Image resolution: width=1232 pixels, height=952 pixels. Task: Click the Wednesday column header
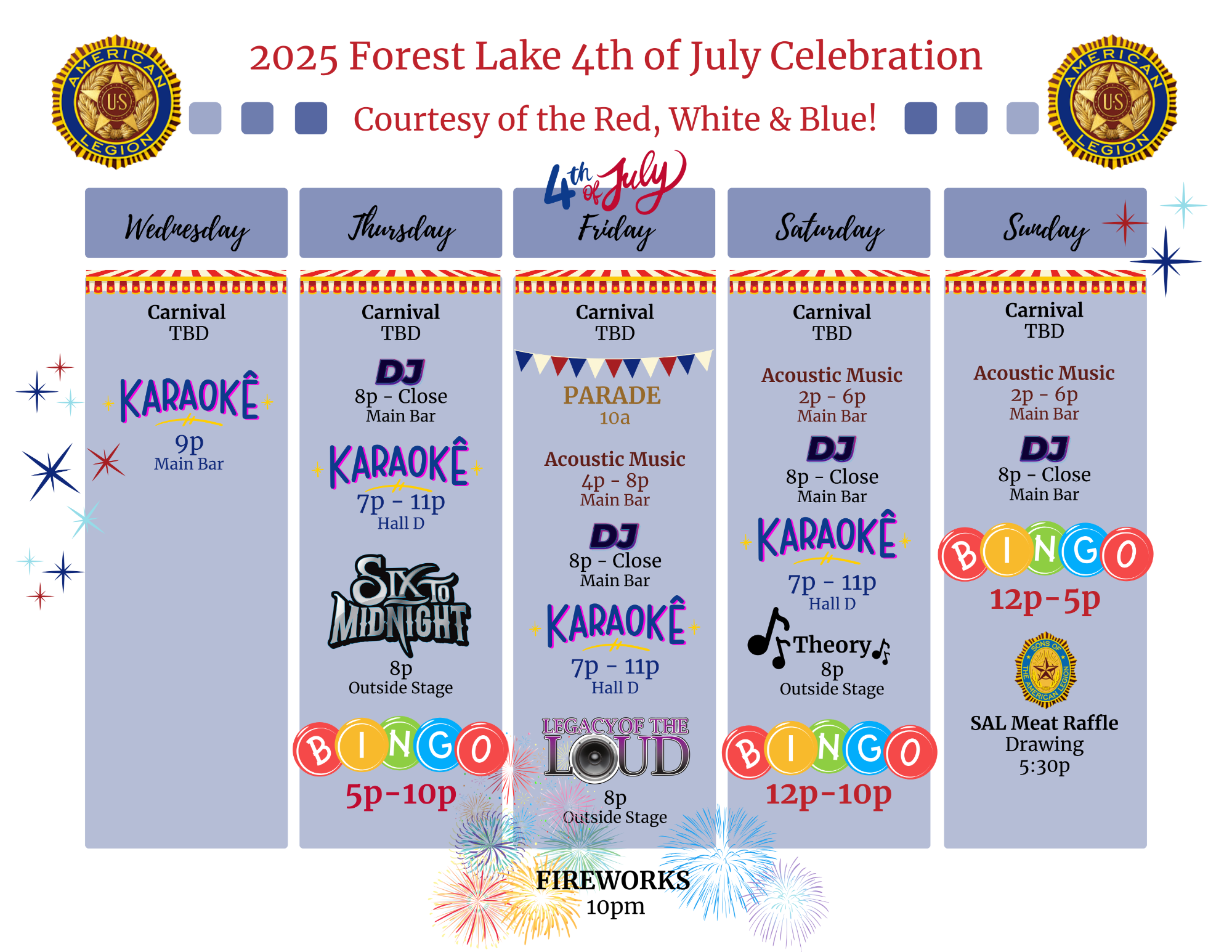click(186, 223)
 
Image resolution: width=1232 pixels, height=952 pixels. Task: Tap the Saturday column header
click(829, 223)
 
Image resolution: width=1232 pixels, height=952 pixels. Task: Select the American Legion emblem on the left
click(116, 102)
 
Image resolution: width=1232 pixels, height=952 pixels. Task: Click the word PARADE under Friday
click(612, 396)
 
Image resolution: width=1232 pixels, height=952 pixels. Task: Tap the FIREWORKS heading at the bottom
click(613, 880)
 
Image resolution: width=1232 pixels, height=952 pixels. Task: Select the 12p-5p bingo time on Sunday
click(1045, 599)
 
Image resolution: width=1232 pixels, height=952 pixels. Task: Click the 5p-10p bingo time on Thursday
click(401, 794)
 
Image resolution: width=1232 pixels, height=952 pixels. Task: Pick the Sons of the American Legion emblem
click(1045, 670)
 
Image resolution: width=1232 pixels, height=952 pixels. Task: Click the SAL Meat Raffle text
click(1044, 723)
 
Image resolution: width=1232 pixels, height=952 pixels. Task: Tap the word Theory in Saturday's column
click(832, 645)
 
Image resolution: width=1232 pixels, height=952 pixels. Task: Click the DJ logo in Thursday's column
click(400, 372)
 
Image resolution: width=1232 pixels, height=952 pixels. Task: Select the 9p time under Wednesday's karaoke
click(189, 442)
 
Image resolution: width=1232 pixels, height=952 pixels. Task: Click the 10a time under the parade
click(615, 418)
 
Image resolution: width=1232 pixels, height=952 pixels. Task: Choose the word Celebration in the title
click(876, 55)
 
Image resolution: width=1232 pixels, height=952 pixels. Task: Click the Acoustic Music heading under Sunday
click(1044, 373)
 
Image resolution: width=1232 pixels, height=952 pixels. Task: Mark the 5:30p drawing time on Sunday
click(1044, 767)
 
